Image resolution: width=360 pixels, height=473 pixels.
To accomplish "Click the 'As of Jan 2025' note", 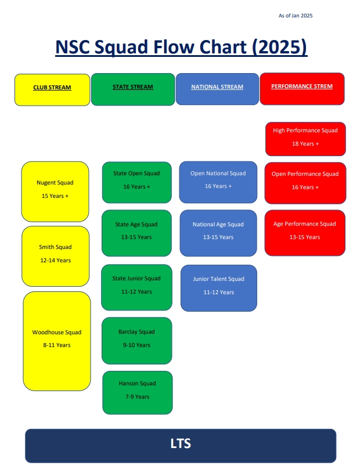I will pos(296,16).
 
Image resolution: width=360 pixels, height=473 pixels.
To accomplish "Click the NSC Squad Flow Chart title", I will pos(181,47).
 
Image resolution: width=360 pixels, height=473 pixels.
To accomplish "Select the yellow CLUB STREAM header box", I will pos(52,89).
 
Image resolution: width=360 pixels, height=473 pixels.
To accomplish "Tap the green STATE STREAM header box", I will pos(133,89).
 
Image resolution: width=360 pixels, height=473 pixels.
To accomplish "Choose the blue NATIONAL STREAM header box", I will pos(217,89).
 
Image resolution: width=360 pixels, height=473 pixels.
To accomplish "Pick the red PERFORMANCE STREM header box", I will pos(302,89).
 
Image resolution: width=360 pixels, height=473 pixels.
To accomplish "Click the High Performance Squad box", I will pos(305,139).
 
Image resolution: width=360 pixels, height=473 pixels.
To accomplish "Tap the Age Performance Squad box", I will pos(305,230).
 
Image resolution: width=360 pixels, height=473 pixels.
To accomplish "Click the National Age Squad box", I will pos(218,232).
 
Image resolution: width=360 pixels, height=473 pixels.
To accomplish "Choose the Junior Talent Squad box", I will pos(219,287).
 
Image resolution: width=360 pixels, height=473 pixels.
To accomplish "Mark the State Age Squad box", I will pos(136,233).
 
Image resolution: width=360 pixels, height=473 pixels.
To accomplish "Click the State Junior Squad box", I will pos(136,287).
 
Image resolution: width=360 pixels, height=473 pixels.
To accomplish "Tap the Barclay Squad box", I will pos(136,340).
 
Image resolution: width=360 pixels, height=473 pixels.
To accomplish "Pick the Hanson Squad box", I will pos(138,392).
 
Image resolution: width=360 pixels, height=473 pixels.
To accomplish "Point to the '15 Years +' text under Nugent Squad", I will pos(55,196).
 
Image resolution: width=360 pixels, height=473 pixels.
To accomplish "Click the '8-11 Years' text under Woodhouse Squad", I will pos(56,345).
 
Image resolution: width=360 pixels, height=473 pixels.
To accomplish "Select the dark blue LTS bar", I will pos(181,445).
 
